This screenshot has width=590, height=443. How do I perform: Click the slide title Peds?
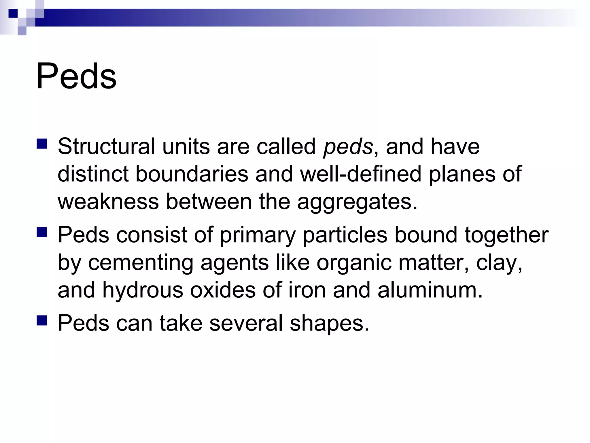click(x=76, y=76)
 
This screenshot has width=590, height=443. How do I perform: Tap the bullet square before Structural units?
click(x=42, y=144)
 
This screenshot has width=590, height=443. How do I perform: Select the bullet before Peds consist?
click(x=42, y=232)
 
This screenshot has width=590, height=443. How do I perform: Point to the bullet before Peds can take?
click(x=42, y=320)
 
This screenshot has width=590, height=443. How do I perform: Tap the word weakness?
click(x=108, y=202)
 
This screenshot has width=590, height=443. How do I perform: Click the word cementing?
click(x=141, y=263)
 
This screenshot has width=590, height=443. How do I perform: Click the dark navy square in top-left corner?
click(x=13, y=13)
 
